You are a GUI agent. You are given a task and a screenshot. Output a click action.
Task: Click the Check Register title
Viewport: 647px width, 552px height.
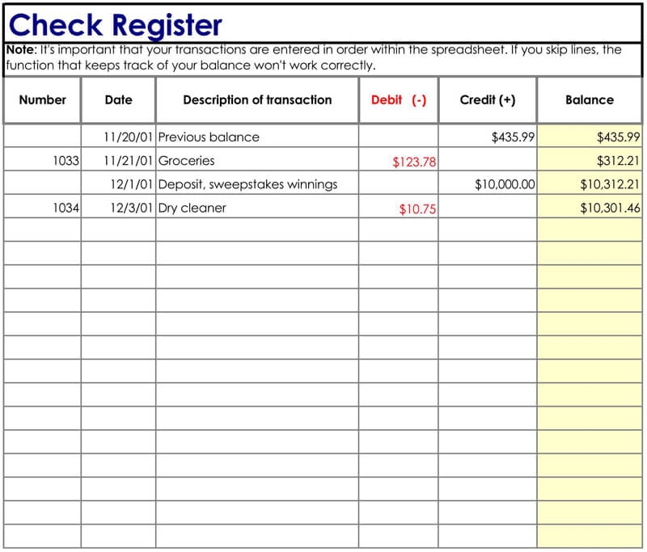[115, 24]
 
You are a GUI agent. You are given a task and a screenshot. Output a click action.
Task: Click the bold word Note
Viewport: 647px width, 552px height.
[19, 49]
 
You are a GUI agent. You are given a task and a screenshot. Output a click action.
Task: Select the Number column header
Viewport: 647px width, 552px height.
[42, 100]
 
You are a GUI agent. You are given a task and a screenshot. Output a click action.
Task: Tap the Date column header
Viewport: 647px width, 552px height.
[118, 100]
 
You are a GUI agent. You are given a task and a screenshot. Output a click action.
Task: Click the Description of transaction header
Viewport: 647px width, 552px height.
[257, 100]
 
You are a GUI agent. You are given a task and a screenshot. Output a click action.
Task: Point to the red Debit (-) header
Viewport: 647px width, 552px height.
[399, 100]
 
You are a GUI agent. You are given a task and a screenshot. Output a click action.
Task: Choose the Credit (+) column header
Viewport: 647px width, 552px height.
[487, 100]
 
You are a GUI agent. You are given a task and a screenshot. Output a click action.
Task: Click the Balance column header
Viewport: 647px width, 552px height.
[589, 100]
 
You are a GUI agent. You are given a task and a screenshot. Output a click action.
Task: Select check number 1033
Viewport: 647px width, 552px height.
[66, 161]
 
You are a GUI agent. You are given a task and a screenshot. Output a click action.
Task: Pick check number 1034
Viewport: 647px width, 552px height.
[66, 208]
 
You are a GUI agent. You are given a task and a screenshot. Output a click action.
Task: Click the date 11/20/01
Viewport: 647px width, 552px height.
[128, 137]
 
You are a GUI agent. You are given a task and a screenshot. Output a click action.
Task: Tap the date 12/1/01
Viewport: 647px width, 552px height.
[132, 184]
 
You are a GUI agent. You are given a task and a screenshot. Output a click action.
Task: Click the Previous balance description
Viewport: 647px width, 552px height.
[209, 137]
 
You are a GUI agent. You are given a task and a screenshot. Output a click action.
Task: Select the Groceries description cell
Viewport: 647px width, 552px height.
[186, 161]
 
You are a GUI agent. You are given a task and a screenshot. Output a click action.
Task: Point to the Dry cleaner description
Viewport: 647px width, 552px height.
[192, 208]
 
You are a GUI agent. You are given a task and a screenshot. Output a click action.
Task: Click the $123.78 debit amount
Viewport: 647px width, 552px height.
[414, 162]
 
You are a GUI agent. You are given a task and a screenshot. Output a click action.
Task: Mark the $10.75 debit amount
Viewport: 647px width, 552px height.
[417, 209]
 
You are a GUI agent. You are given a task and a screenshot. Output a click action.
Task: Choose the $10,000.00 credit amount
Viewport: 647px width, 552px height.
[505, 184]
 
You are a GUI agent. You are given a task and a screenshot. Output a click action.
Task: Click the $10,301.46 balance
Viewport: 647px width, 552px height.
[610, 208]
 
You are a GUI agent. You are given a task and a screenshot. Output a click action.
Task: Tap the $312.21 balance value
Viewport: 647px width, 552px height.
[618, 161]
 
